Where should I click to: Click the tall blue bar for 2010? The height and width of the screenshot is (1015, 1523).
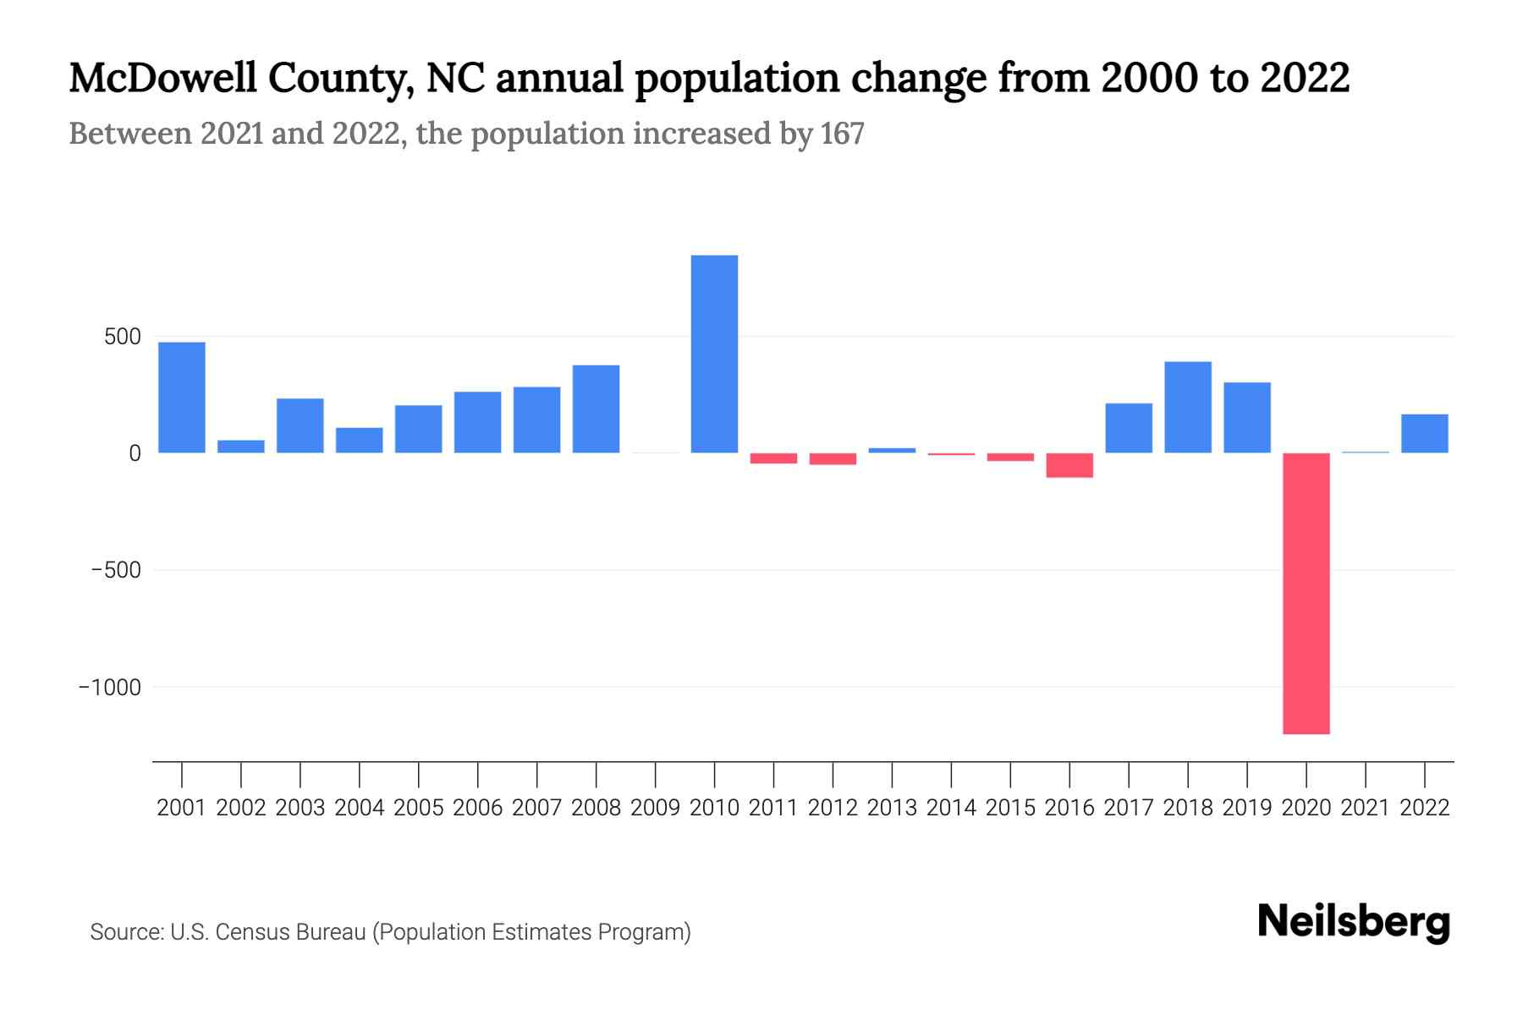pyautogui.click(x=714, y=354)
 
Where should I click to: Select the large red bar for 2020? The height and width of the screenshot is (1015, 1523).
pyautogui.click(x=1306, y=593)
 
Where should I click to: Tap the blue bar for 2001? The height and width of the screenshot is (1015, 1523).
pyautogui.click(x=182, y=398)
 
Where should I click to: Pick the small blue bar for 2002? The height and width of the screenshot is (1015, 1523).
pyautogui.click(x=241, y=447)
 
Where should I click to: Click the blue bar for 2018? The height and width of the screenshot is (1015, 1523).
pyautogui.click(x=1187, y=407)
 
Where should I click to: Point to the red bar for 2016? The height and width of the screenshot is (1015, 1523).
pyautogui.click(x=1069, y=465)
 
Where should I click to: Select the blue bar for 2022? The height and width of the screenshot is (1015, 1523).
pyautogui.click(x=1424, y=433)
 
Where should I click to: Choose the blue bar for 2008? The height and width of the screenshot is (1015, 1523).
pyautogui.click(x=596, y=409)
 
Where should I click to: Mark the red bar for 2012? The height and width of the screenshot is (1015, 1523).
pyautogui.click(x=833, y=459)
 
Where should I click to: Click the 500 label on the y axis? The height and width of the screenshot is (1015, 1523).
pyautogui.click(x=123, y=337)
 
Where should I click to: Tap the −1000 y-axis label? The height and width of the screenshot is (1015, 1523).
pyautogui.click(x=110, y=688)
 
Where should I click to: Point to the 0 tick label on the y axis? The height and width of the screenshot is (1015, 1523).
pyautogui.click(x=135, y=454)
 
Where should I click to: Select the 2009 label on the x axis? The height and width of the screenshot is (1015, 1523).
pyautogui.click(x=655, y=808)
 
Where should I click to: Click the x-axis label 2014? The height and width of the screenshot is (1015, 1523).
pyautogui.click(x=951, y=808)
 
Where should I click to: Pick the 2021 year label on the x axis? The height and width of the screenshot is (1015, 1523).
pyautogui.click(x=1365, y=808)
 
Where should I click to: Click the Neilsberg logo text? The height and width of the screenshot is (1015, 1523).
pyautogui.click(x=1353, y=922)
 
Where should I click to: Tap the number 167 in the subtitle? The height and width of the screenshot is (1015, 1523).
pyautogui.click(x=842, y=134)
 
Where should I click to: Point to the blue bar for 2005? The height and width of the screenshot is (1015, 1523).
pyautogui.click(x=418, y=429)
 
